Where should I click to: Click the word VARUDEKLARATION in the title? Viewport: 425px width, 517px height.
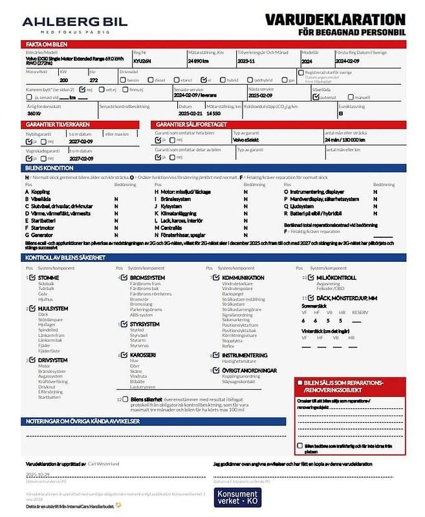[335, 19]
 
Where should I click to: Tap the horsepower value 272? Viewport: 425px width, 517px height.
[93, 80]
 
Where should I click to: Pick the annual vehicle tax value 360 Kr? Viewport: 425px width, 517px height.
[34, 113]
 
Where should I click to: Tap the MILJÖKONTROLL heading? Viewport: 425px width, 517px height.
[337, 278]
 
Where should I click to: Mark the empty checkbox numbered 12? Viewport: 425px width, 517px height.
[125, 399]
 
